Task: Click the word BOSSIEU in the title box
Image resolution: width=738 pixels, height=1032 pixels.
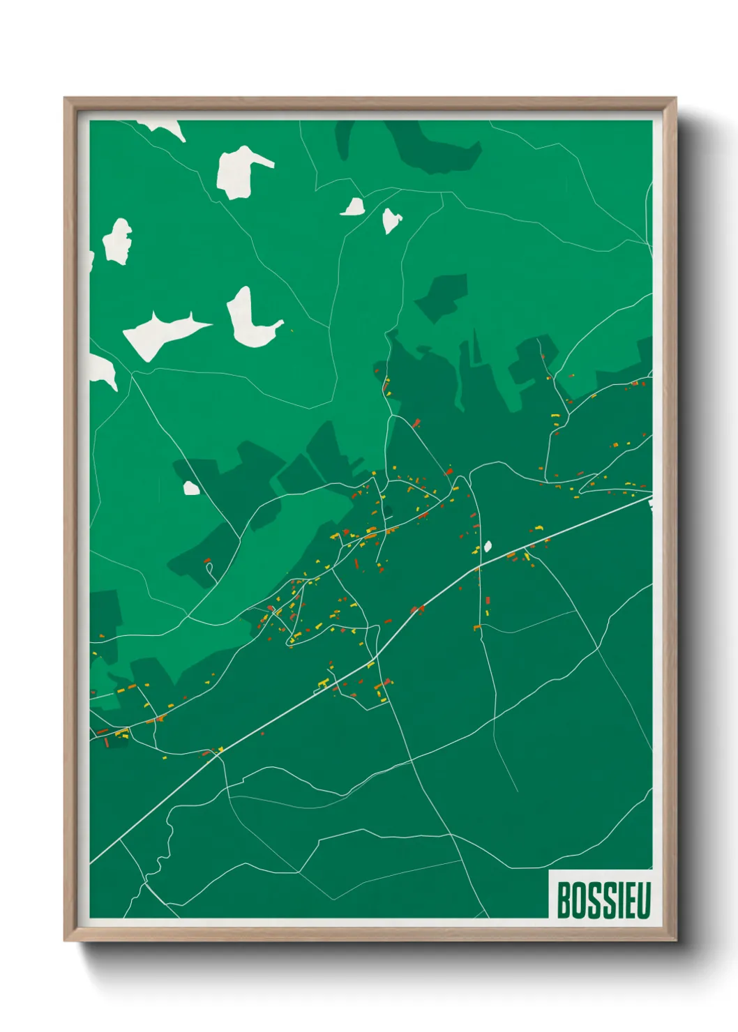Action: (x=603, y=900)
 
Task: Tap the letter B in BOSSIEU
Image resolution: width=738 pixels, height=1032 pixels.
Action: (x=564, y=900)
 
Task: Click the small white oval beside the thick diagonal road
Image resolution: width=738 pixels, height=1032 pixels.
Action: (x=488, y=546)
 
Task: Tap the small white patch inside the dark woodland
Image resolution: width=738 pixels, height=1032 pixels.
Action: (x=191, y=488)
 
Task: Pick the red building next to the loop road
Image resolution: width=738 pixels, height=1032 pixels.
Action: (x=206, y=560)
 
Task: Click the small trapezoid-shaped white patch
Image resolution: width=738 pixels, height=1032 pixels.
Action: (x=354, y=207)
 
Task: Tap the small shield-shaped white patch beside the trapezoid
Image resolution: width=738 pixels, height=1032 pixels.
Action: (x=391, y=220)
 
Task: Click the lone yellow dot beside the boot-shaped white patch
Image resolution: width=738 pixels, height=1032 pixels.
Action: (x=291, y=331)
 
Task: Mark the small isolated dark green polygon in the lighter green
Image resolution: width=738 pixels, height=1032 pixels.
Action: (x=442, y=296)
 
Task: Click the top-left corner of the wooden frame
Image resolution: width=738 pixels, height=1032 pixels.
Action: (x=65, y=98)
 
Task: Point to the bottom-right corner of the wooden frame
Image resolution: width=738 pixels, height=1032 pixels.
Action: (x=675, y=941)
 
